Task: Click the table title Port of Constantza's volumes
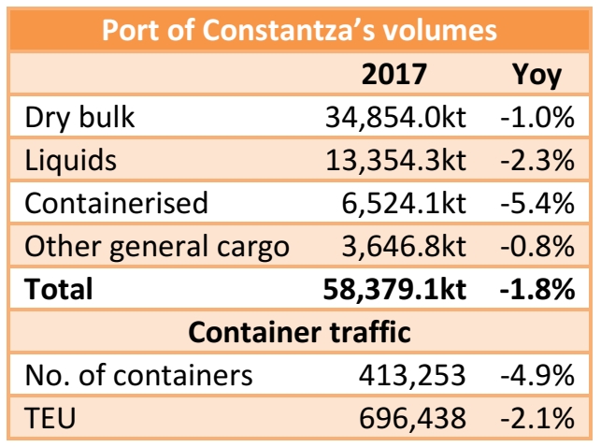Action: click(x=299, y=30)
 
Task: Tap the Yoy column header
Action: click(x=537, y=74)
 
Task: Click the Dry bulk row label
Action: click(x=80, y=117)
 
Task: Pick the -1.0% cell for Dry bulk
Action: click(x=535, y=117)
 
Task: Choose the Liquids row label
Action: click(x=71, y=160)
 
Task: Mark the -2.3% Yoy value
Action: click(x=535, y=160)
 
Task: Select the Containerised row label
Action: click(x=116, y=203)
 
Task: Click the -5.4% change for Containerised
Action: click(x=535, y=203)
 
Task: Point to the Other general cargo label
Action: click(x=156, y=246)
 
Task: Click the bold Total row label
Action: click(x=59, y=289)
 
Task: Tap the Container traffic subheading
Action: click(x=299, y=332)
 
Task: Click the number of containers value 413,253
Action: click(x=411, y=375)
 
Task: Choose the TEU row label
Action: click(x=50, y=418)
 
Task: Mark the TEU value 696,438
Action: click(x=411, y=418)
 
